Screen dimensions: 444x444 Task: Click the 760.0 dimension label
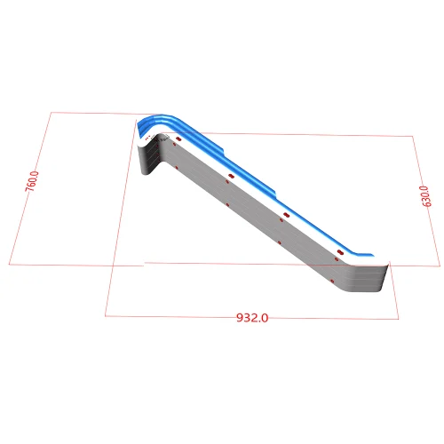pyautogui.click(x=33, y=181)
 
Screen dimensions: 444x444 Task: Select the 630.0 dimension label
pyautogui.click(x=425, y=196)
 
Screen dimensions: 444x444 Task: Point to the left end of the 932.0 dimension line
pyautogui.click(x=105, y=314)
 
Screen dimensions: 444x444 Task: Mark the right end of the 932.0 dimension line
pyautogui.click(x=399, y=319)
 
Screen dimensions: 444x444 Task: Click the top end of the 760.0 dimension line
pyautogui.click(x=51, y=113)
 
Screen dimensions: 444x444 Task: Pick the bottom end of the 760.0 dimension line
pyautogui.click(x=10, y=265)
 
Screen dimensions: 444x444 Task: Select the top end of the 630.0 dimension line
pyautogui.click(x=414, y=137)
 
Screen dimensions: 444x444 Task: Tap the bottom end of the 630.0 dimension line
pyautogui.click(x=440, y=266)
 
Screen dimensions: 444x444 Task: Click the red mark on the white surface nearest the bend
pyautogui.click(x=178, y=140)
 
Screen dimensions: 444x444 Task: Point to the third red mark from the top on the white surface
pyautogui.click(x=286, y=216)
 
